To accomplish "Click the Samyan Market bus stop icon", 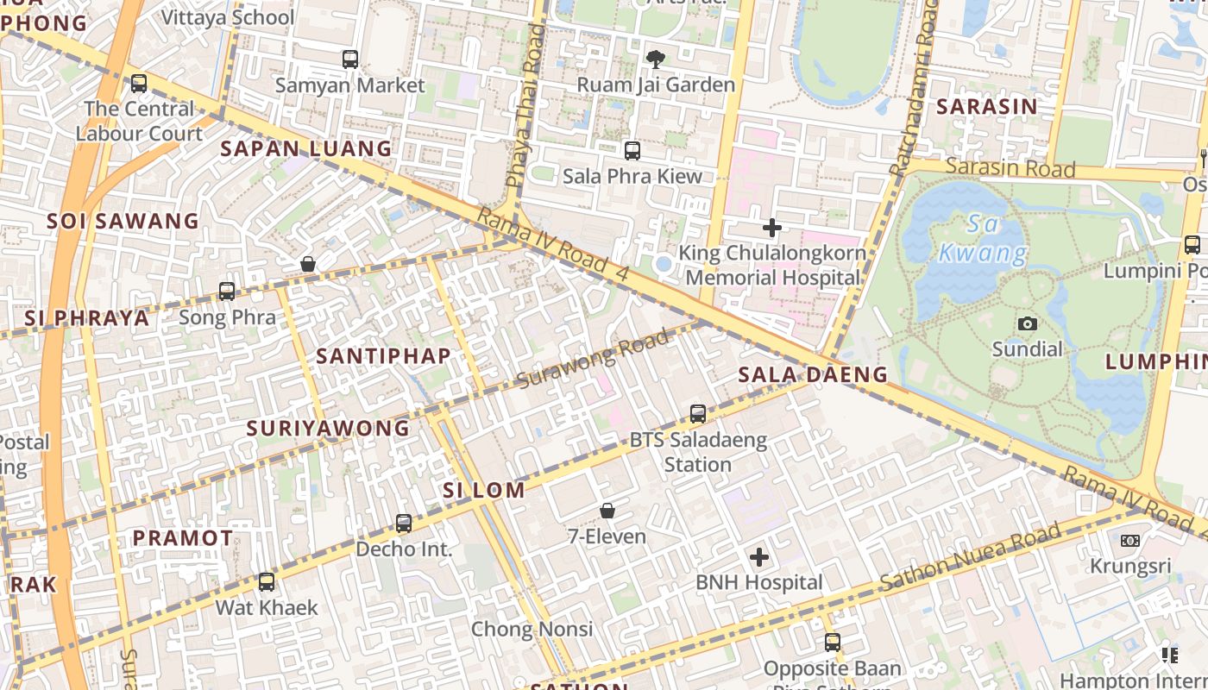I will tap(349, 60).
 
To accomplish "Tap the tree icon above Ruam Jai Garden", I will tap(656, 59).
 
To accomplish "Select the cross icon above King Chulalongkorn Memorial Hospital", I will tap(772, 228).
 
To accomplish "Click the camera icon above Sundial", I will tap(1027, 324).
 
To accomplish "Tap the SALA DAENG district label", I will tap(813, 374).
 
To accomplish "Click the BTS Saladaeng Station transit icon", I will tap(698, 414).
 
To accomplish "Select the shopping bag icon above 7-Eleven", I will tap(607, 511).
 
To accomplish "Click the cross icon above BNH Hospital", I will tap(759, 557).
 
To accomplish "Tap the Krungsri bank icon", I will tap(1129, 541).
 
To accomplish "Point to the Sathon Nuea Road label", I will tap(970, 559).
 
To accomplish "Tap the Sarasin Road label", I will tap(1010, 166).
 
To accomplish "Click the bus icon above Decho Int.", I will tap(404, 523).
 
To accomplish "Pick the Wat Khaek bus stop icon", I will tap(267, 582).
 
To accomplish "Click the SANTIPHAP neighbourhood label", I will tap(383, 355).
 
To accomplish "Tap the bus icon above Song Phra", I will tap(227, 292).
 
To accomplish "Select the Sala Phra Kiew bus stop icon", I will tap(632, 151).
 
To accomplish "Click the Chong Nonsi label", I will tap(532, 629).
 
